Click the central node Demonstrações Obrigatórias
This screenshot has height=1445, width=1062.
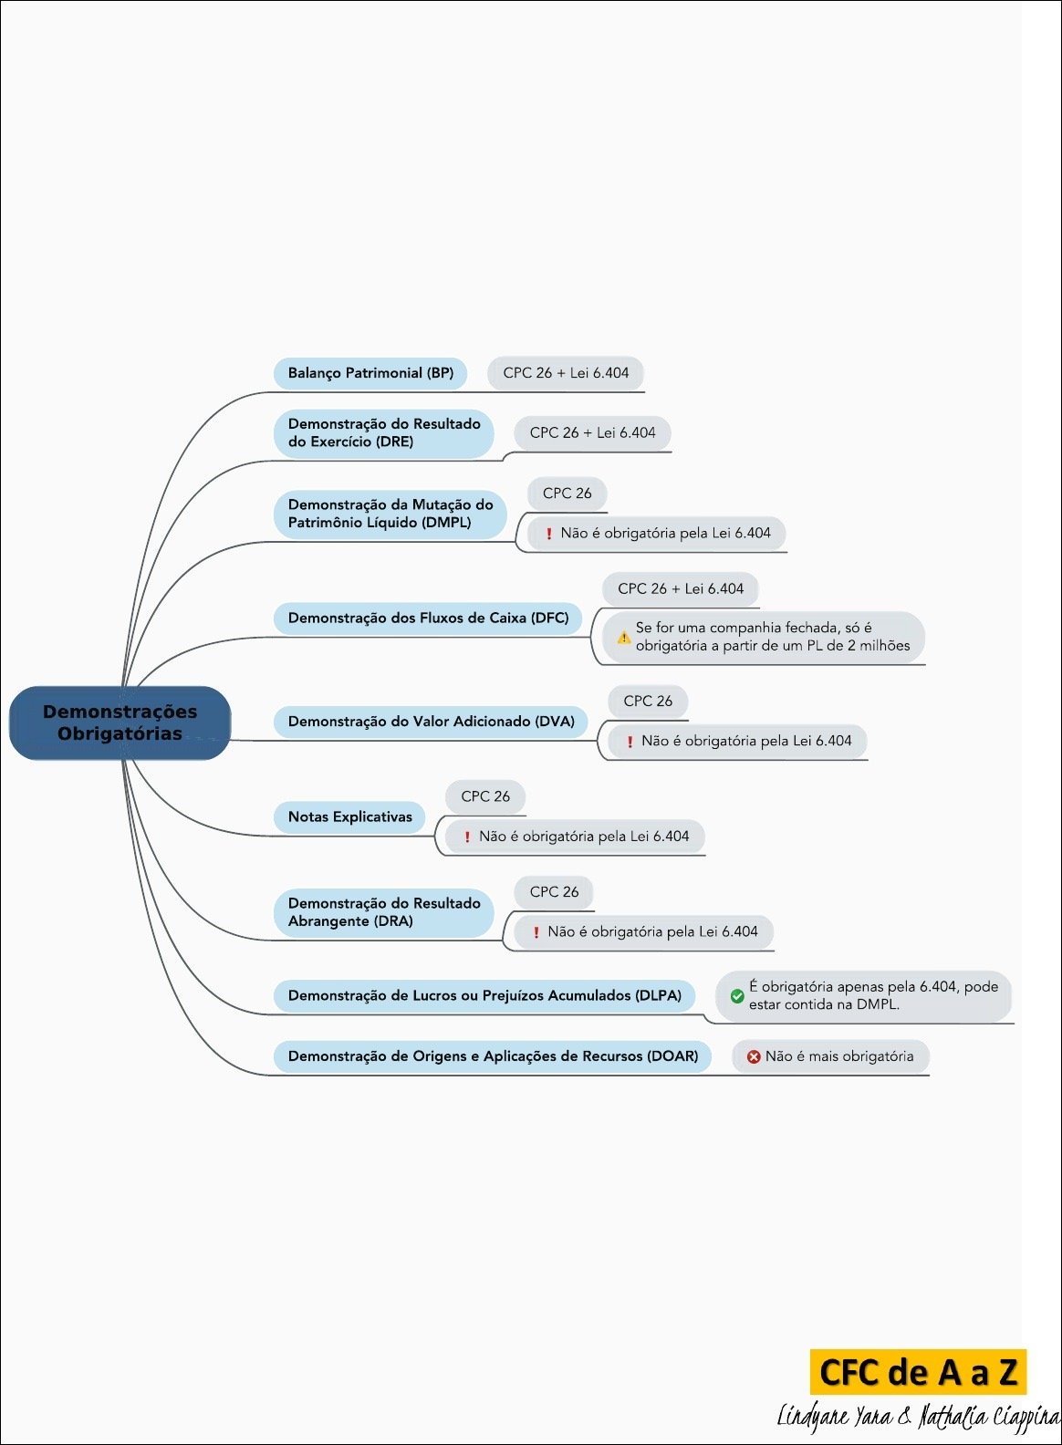[120, 722]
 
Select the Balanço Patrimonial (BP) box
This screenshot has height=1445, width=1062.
[370, 373]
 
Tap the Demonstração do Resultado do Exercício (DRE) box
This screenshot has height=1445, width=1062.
[384, 433]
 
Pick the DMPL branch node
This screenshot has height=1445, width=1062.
[390, 514]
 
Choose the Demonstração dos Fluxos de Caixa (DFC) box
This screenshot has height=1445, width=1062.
[428, 619]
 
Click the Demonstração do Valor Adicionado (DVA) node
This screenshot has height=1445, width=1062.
[431, 722]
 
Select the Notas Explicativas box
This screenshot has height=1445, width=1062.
[349, 817]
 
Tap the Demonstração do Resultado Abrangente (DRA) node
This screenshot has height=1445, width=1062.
[384, 912]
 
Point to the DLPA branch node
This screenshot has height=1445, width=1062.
[484, 996]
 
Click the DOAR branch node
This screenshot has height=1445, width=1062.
[493, 1056]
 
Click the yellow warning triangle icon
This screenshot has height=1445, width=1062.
[624, 638]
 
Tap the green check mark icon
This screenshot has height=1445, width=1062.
[737, 996]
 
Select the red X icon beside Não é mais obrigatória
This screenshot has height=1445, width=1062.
[754, 1057]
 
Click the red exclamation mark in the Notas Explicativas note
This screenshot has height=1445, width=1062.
[467, 837]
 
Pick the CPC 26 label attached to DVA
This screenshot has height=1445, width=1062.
[648, 702]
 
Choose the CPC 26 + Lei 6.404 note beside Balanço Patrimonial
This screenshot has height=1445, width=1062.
[566, 373]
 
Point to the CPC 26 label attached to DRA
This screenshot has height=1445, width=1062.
[554, 892]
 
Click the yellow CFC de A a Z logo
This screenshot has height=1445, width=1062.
[918, 1372]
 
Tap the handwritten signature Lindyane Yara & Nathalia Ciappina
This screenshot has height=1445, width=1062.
[918, 1417]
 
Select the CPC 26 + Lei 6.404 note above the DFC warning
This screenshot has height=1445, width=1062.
[681, 589]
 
